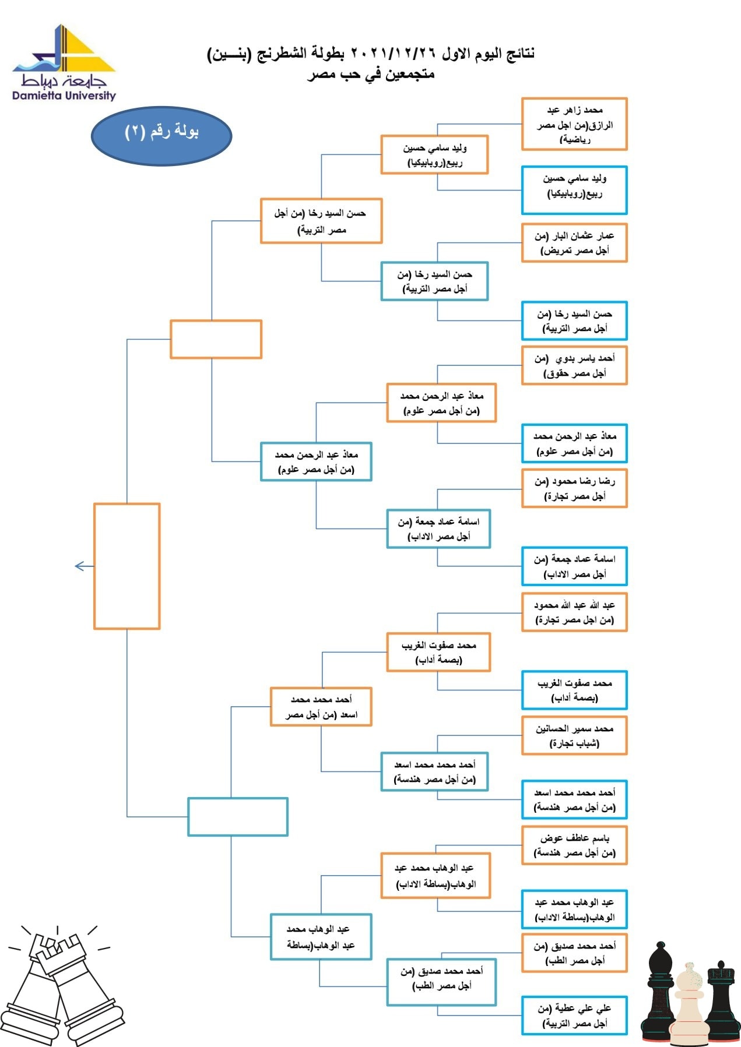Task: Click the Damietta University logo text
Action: pos(64,96)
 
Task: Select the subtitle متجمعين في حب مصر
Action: pos(371,75)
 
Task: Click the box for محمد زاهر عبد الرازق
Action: pos(574,124)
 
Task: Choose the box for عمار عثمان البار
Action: pos(574,243)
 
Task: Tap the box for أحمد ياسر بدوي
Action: pos(574,365)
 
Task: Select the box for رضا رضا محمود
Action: pos(574,488)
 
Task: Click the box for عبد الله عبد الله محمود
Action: pos(574,612)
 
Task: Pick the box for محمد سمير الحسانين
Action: pos(574,736)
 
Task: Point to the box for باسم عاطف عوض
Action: pos(574,845)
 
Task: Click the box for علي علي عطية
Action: pos(574,1016)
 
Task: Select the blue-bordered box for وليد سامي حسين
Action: pos(574,190)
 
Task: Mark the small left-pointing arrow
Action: pos(84,566)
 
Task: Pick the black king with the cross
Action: pos(722,999)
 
